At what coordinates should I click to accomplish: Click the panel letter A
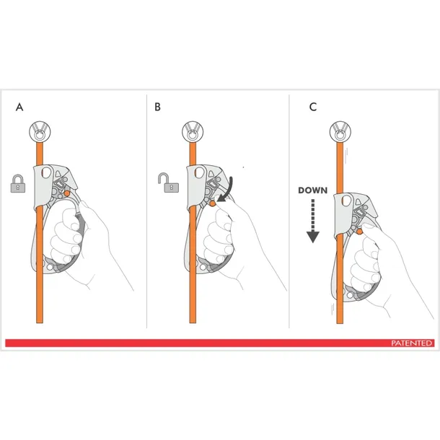click(x=19, y=107)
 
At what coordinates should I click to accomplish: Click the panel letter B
click(x=157, y=107)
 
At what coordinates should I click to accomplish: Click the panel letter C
click(x=313, y=107)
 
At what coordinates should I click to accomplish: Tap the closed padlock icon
click(x=18, y=183)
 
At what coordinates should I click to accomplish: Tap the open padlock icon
click(x=168, y=182)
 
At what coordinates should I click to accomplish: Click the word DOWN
click(x=313, y=190)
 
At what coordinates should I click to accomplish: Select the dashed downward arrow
click(x=313, y=221)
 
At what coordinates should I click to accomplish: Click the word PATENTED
click(x=411, y=343)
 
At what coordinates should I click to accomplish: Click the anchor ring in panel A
click(x=40, y=131)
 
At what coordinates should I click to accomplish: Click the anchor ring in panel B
click(x=193, y=131)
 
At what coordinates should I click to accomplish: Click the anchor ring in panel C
click(x=340, y=131)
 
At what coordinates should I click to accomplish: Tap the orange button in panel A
click(x=67, y=193)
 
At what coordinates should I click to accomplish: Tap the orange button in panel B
click(x=213, y=204)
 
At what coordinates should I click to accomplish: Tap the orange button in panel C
click(x=359, y=232)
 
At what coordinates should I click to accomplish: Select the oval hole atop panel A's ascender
click(x=47, y=172)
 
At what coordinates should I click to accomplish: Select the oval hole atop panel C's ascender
click(x=347, y=201)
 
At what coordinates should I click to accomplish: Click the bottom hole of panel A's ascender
click(x=50, y=267)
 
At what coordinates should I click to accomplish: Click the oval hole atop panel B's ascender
click(x=200, y=172)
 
